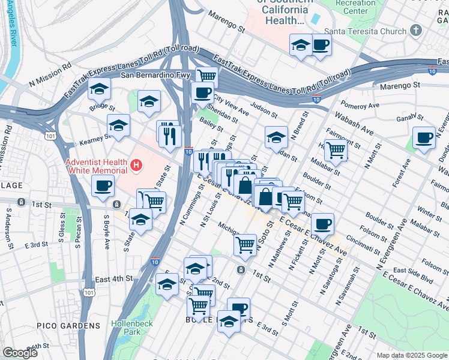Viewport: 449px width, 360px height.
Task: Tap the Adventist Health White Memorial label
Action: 97,166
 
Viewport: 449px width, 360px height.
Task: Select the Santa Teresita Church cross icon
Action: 415,31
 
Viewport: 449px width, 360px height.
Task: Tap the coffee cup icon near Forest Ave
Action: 424,138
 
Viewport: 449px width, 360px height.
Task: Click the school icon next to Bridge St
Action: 99,90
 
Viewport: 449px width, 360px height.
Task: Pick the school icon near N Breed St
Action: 276,137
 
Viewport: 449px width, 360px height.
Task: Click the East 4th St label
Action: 113,279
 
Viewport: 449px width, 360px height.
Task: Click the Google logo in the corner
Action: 20,353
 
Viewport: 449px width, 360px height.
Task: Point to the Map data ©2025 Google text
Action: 411,355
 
